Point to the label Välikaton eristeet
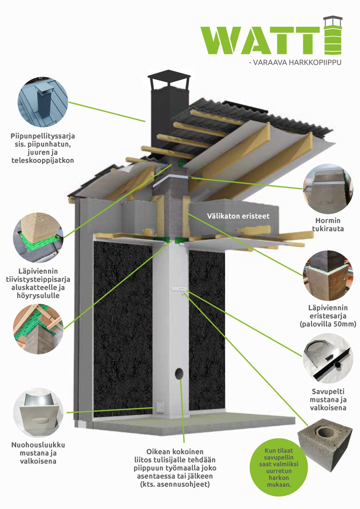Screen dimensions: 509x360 pos(238,216)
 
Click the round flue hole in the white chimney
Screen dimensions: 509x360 pos(179,373)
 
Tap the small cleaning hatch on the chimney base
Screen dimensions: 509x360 pos(160,407)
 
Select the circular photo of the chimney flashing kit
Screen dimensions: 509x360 pos(43,102)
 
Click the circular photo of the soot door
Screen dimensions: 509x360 pos(38,413)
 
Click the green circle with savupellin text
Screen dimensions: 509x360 pos(278,467)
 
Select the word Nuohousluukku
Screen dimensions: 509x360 pos(38,445)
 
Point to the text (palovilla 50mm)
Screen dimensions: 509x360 pos(328,324)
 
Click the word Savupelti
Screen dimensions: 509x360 pos(328,391)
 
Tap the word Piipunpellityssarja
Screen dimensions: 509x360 pos(43,136)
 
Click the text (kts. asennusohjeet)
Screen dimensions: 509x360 pos(175,484)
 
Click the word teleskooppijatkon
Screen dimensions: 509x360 pos(43,160)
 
